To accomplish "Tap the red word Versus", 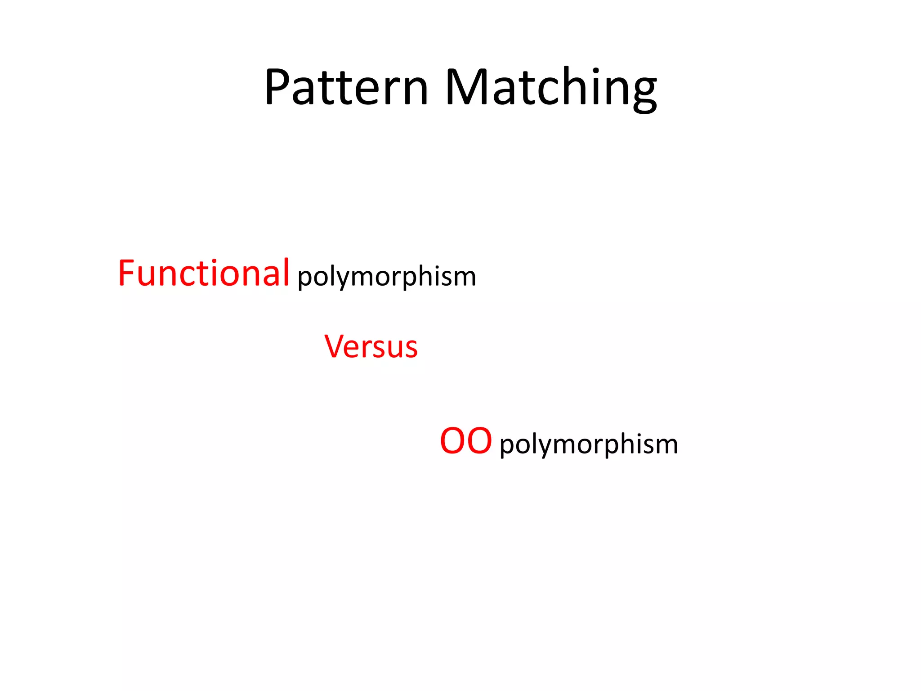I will coord(371,347).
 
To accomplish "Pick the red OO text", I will coord(466,441).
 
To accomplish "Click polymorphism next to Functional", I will coord(387,277).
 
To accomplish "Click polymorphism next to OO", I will coord(589,444).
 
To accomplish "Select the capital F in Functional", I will coord(127,273).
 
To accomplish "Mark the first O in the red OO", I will coord(453,441).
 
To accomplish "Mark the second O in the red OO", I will coord(479,441).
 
